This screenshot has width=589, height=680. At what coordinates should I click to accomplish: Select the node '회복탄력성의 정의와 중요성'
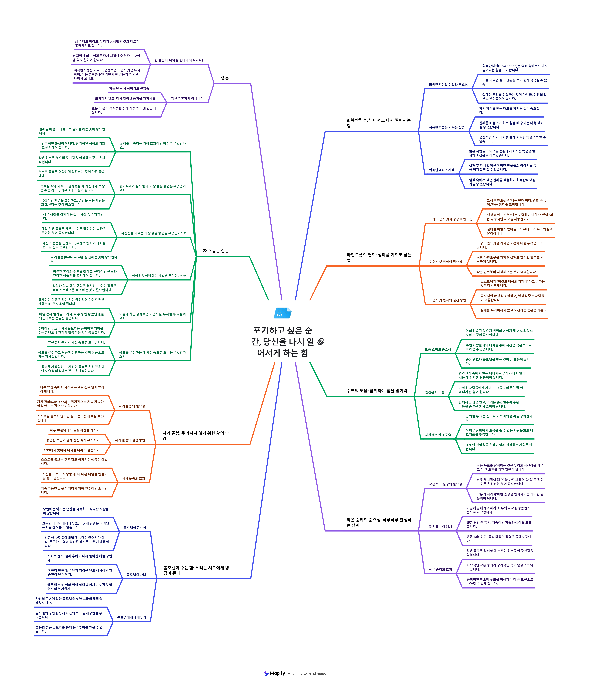pos(448,85)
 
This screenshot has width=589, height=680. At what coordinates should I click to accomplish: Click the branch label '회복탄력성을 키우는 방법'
pos(447,127)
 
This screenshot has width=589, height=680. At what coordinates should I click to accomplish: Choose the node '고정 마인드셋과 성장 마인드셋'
pos(451,219)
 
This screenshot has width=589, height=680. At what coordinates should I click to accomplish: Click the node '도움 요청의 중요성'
pos(438,349)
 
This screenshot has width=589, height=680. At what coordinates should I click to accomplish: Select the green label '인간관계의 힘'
pos(434,392)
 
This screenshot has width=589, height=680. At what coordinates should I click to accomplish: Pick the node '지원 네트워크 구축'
pos(438,435)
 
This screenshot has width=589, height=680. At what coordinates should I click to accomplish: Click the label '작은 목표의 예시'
pos(440,527)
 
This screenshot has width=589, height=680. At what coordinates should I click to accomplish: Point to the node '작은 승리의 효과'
pos(440,569)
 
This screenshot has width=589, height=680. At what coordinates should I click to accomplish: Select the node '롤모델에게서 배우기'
pos(131,617)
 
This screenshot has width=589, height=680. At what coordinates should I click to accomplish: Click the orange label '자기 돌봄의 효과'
pos(133,478)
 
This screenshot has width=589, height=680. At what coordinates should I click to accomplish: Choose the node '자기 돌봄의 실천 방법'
pos(130,440)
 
